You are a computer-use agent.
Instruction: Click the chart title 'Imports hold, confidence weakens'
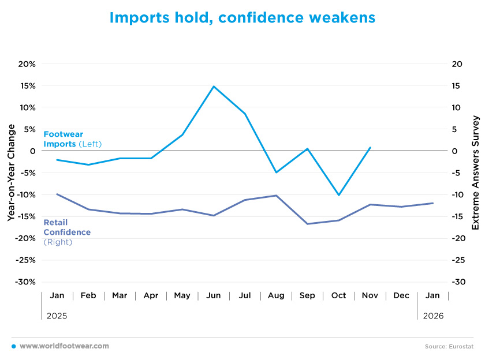click(242, 18)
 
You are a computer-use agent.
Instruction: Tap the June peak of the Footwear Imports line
click(214, 87)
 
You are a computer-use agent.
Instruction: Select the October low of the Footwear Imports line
click(338, 195)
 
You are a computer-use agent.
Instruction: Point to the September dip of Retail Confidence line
click(307, 224)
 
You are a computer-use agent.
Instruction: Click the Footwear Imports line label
click(64, 139)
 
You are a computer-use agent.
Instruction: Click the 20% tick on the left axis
click(27, 64)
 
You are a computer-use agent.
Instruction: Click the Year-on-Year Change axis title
click(11, 173)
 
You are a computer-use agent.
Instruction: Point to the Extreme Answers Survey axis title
click(476, 173)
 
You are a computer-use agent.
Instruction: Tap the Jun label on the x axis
click(214, 296)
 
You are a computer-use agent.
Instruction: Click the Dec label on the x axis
click(401, 296)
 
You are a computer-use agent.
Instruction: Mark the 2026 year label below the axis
click(433, 316)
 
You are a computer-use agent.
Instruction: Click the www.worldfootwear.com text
click(64, 346)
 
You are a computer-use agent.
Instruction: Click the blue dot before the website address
click(13, 346)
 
